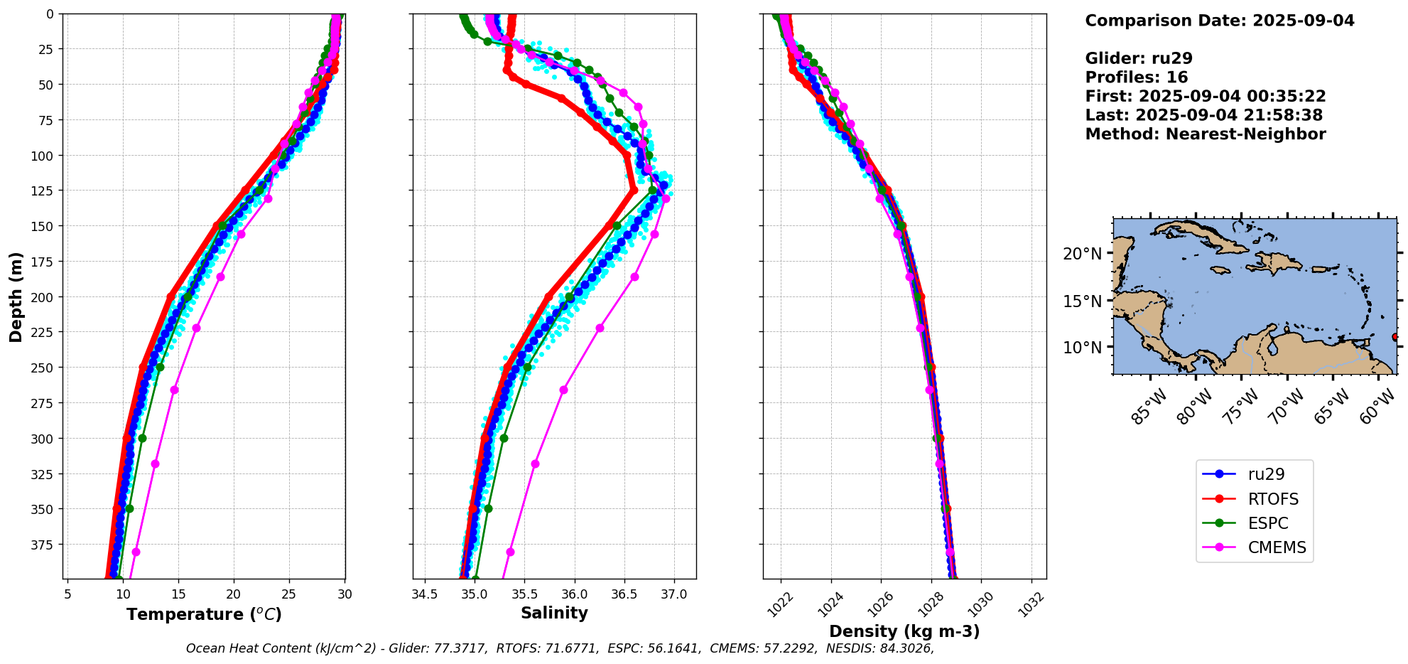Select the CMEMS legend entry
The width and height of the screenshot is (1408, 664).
point(1277,547)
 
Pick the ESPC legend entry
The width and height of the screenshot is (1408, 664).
point(1267,523)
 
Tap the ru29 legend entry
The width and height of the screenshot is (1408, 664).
point(1266,474)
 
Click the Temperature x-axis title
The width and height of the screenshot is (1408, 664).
point(204,614)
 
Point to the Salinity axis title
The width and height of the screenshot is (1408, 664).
point(554,613)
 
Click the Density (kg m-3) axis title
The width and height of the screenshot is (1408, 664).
point(904,631)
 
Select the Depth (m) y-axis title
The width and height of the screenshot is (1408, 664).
point(16,296)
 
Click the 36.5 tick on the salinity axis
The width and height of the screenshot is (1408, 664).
point(624,594)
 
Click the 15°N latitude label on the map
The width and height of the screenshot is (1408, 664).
point(1082,301)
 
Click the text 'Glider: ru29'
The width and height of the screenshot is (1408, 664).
point(1139,59)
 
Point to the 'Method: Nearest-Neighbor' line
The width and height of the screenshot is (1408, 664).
point(1205,134)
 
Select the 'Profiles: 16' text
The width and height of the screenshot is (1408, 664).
point(1136,77)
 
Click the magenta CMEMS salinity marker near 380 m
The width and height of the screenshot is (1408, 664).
point(510,552)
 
